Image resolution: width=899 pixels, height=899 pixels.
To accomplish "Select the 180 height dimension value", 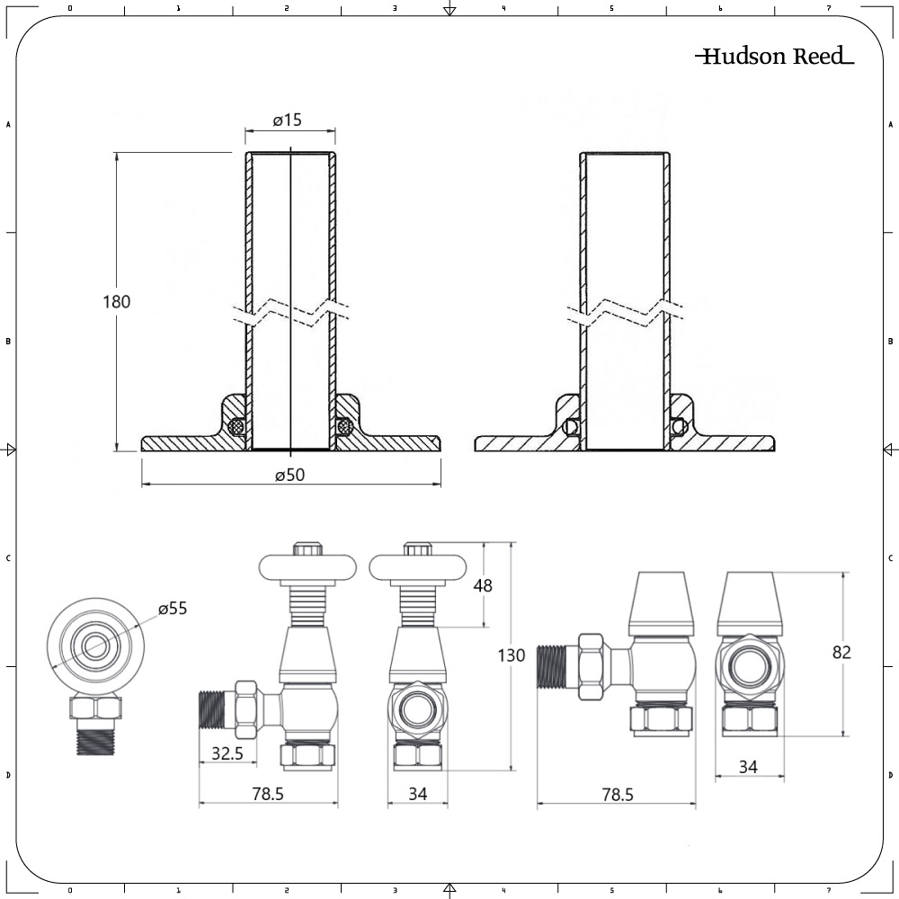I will click(116, 302).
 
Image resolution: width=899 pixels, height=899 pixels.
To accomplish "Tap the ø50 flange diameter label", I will click(290, 476).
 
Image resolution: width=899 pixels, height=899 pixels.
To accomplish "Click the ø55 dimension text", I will click(173, 609).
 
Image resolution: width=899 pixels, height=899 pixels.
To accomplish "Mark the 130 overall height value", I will click(512, 655).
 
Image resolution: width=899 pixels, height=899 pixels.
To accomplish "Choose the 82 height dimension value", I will click(841, 653).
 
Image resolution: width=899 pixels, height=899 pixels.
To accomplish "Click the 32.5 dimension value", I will click(227, 754).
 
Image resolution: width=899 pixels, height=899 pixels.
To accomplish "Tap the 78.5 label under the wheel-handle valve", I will click(268, 795).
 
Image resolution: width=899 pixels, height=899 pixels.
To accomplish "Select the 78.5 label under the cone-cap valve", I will click(617, 795).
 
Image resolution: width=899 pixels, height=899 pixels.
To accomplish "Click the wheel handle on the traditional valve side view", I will click(298, 567).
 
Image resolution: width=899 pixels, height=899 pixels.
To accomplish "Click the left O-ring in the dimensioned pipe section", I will click(237, 426).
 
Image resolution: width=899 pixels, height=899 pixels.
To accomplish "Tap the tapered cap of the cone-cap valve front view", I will click(750, 602).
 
